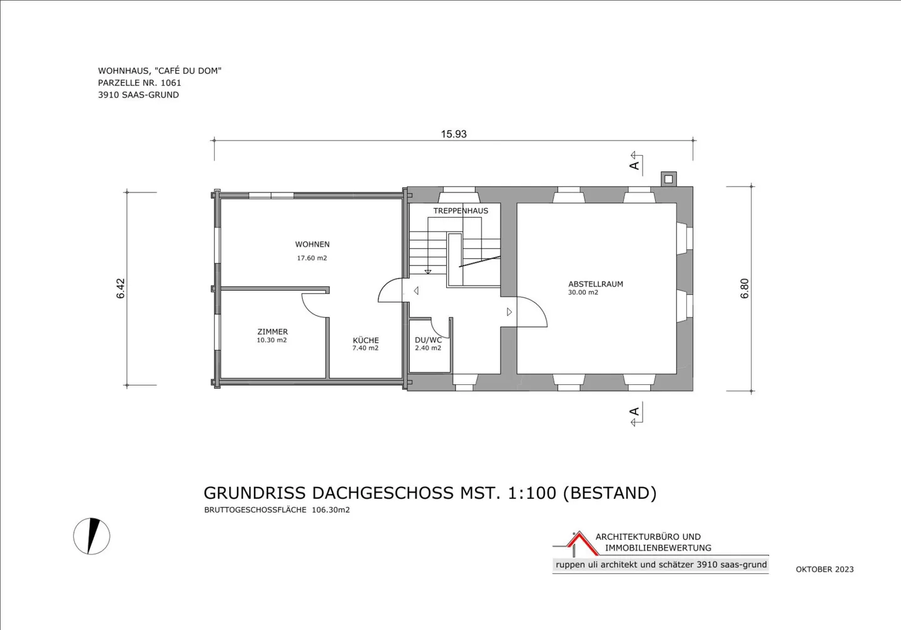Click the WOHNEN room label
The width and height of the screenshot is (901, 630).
(312, 244)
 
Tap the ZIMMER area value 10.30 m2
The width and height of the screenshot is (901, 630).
(272, 341)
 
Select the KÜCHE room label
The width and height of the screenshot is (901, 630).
(365, 340)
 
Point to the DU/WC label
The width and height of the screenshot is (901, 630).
(428, 340)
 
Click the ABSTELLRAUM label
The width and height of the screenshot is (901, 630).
(596, 284)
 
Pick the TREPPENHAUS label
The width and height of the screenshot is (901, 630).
(461, 211)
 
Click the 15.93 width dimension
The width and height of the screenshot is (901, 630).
(454, 134)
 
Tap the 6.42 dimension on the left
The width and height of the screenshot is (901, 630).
(121, 288)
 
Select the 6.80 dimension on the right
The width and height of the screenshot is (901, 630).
(745, 288)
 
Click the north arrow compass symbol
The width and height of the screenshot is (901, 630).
(92, 536)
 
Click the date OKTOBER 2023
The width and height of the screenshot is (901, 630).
(825, 569)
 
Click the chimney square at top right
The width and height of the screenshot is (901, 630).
(668, 179)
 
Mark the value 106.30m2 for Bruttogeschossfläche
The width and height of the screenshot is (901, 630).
(330, 510)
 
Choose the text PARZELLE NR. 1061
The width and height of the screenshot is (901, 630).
(140, 82)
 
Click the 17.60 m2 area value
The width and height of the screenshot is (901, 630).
(312, 258)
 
